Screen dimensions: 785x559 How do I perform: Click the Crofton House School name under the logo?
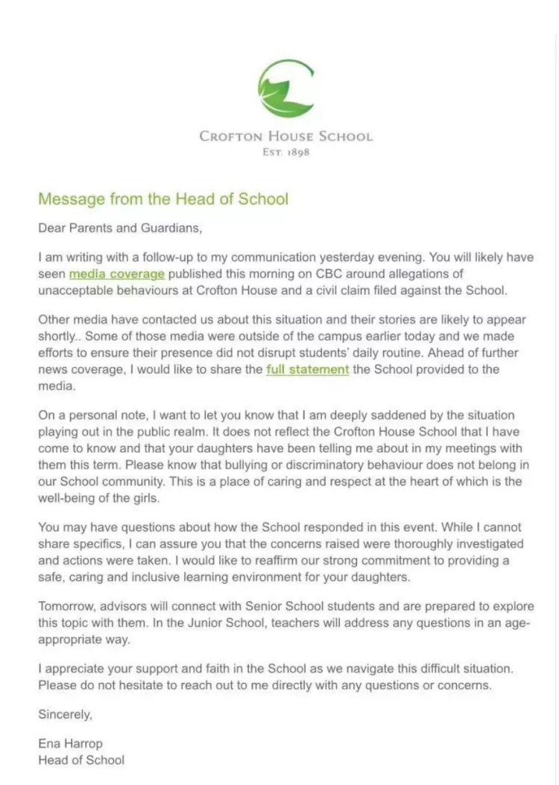coord(286,136)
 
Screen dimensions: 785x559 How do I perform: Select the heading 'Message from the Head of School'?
coord(162,199)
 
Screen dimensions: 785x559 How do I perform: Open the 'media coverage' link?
coord(117,273)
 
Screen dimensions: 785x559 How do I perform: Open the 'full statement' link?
coord(308,369)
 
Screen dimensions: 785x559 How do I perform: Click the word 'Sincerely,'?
coord(66,714)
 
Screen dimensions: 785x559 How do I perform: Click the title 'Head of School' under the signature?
coord(81,760)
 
